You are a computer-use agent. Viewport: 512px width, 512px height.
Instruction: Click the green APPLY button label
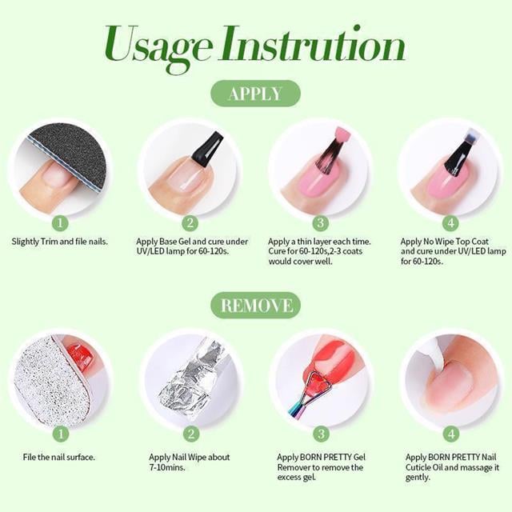(x=255, y=94)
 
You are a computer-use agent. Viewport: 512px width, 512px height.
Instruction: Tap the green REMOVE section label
(x=256, y=306)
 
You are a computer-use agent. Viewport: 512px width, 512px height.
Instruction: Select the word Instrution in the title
(x=313, y=44)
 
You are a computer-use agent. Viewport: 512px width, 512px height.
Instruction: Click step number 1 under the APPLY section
(x=60, y=222)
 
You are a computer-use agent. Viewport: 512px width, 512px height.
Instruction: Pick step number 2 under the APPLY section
(x=190, y=222)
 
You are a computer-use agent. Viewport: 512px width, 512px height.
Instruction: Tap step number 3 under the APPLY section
(x=320, y=222)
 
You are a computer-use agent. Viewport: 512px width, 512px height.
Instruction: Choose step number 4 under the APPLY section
(x=450, y=222)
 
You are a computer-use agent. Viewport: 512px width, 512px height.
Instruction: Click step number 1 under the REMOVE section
(x=61, y=434)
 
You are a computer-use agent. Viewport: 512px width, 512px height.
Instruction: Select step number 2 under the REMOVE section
(x=190, y=434)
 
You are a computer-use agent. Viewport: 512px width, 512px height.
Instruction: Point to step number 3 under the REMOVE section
(x=321, y=434)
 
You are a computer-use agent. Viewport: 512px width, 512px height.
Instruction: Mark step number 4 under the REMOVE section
(x=451, y=434)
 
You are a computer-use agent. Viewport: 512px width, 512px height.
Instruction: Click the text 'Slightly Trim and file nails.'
(x=60, y=242)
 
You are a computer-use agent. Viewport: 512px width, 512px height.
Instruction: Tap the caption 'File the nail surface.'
(x=58, y=457)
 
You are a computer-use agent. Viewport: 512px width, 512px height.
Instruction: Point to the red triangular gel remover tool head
(x=318, y=382)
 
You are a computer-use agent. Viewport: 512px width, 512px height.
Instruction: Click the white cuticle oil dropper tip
(x=435, y=355)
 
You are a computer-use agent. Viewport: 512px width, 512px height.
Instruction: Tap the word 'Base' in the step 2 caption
(x=168, y=242)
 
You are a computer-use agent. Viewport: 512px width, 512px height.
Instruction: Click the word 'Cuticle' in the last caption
(x=418, y=467)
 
